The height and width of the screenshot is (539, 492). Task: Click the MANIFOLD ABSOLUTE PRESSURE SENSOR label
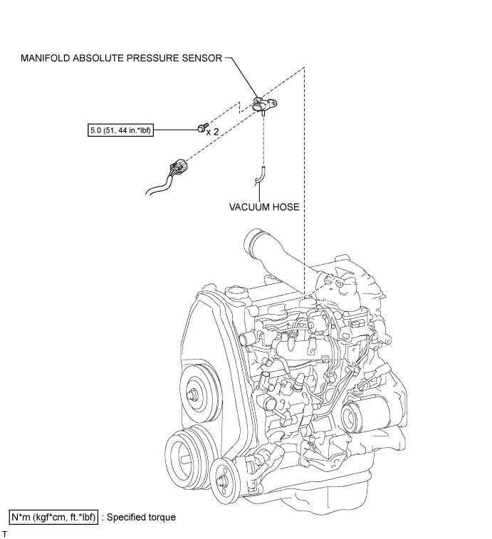pos(121,58)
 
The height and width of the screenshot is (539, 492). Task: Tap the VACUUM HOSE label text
pos(264,207)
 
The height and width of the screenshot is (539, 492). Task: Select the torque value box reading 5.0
pos(120,130)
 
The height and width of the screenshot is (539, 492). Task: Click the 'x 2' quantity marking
pos(212,132)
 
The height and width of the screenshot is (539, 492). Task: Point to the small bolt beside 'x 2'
pos(202,127)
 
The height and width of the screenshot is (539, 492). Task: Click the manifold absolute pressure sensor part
pos(264,105)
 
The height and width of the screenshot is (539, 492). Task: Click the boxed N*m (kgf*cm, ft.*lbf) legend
pos(53,517)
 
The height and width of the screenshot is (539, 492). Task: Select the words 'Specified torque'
pos(141,518)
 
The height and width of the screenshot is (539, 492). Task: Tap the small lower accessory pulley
pos(224,479)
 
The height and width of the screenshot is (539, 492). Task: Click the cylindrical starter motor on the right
pos(365,415)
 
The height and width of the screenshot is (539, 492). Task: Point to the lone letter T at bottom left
pos(4,534)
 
